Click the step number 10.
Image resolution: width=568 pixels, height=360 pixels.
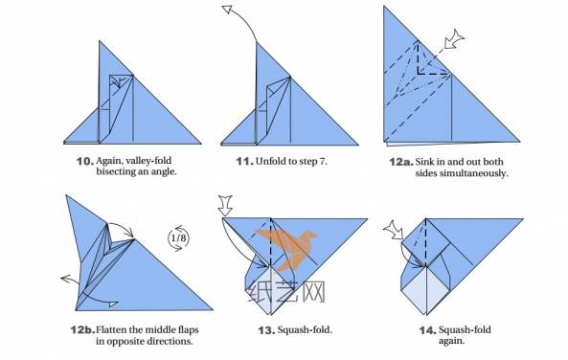[x=84, y=161]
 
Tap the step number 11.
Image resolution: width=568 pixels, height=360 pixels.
[x=244, y=161]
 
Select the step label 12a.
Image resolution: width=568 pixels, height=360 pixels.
[x=401, y=162]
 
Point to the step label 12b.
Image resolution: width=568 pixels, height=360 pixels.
[x=82, y=330]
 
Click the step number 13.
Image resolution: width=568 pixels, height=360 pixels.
[x=266, y=330]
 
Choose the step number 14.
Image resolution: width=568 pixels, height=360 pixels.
[x=427, y=330]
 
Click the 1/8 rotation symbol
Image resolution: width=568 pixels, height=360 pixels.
[x=178, y=238]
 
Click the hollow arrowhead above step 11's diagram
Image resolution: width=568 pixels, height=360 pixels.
[x=227, y=10]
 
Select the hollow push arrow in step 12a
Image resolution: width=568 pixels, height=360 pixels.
[x=454, y=39]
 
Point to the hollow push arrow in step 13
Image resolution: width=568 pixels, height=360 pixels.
[x=225, y=205]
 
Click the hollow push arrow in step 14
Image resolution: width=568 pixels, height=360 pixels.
[x=394, y=230]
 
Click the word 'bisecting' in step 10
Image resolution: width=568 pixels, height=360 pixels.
[x=113, y=171]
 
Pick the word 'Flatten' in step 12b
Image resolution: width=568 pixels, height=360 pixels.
[x=111, y=329]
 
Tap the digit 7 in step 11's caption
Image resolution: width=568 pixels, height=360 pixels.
[x=323, y=161]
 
